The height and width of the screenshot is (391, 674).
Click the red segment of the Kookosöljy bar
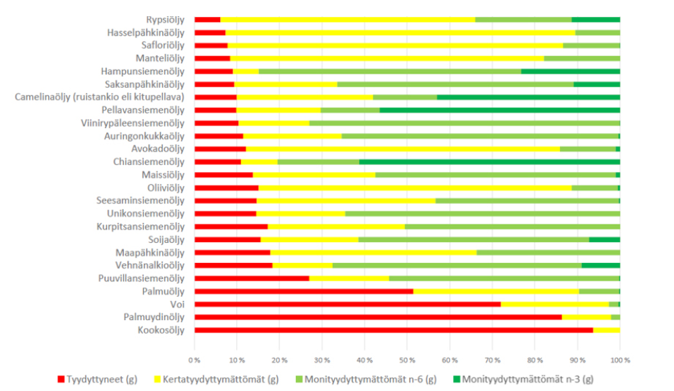[394, 330]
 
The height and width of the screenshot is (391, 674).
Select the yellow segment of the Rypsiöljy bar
[347, 20]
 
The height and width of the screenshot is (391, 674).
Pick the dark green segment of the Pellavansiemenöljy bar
[500, 110]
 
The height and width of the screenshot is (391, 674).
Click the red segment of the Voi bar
[347, 304]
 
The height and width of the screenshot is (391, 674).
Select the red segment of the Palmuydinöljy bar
[377, 317]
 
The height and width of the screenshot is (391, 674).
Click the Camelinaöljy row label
[100, 97]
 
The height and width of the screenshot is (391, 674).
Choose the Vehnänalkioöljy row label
[149, 265]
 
